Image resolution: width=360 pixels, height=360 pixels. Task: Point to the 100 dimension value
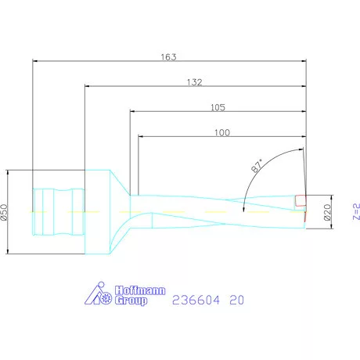221,133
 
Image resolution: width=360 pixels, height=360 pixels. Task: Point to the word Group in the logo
131,301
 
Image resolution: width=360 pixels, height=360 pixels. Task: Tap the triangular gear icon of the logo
98,294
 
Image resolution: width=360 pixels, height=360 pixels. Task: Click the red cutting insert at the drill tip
300,200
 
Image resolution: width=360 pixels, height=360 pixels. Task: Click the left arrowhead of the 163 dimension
36,62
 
